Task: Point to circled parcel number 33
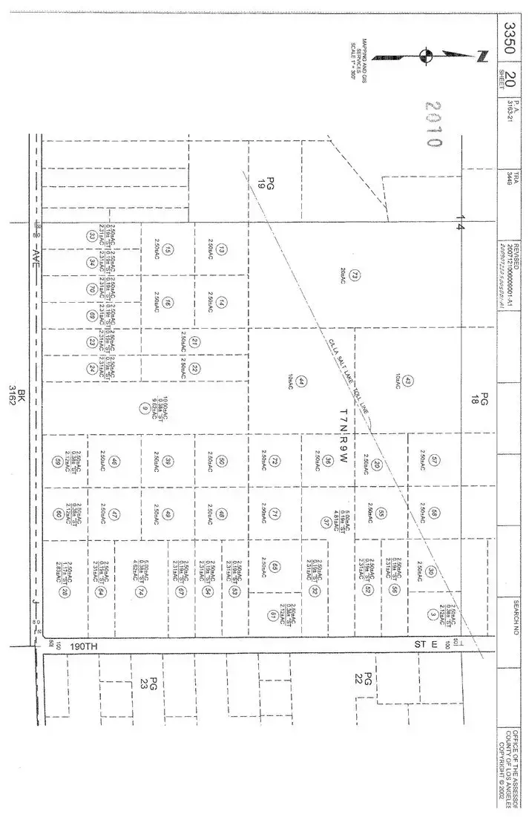[91, 235]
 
